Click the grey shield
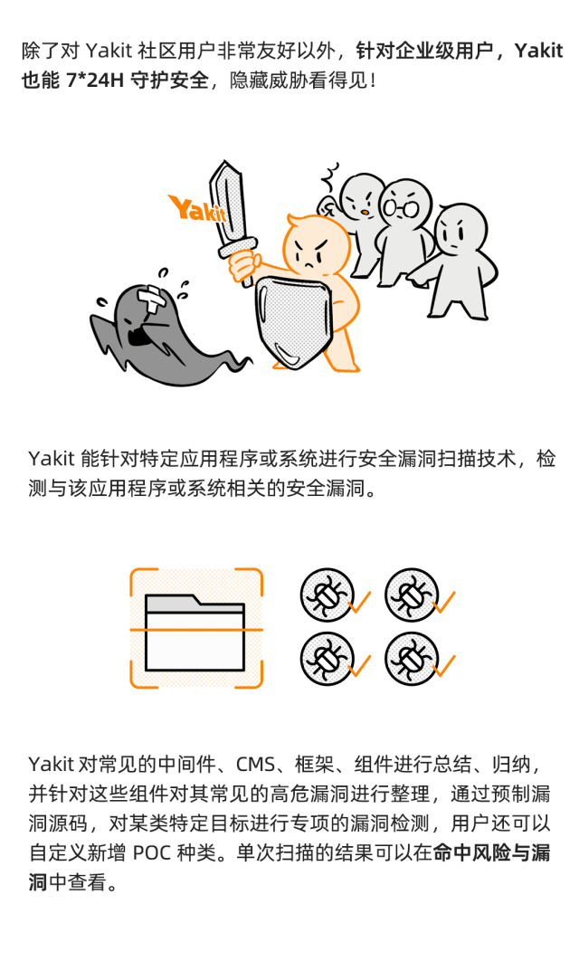click(293, 319)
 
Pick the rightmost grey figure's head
click(460, 230)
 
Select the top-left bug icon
click(327, 595)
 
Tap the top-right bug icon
click(412, 595)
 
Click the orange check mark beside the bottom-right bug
click(444, 665)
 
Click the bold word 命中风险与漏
click(491, 852)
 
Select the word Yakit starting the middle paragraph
click(52, 459)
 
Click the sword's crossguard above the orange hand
click(234, 245)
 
